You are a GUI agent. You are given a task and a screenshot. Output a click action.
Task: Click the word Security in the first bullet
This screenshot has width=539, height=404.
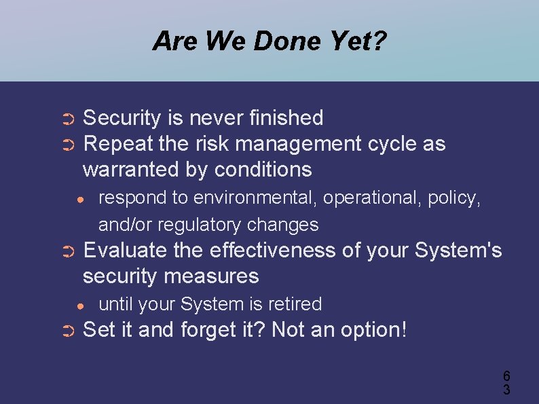(x=122, y=118)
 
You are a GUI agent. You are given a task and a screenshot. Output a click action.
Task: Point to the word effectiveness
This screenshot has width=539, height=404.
(x=273, y=251)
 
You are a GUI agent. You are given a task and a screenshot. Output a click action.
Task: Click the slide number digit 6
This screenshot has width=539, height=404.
(x=506, y=376)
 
